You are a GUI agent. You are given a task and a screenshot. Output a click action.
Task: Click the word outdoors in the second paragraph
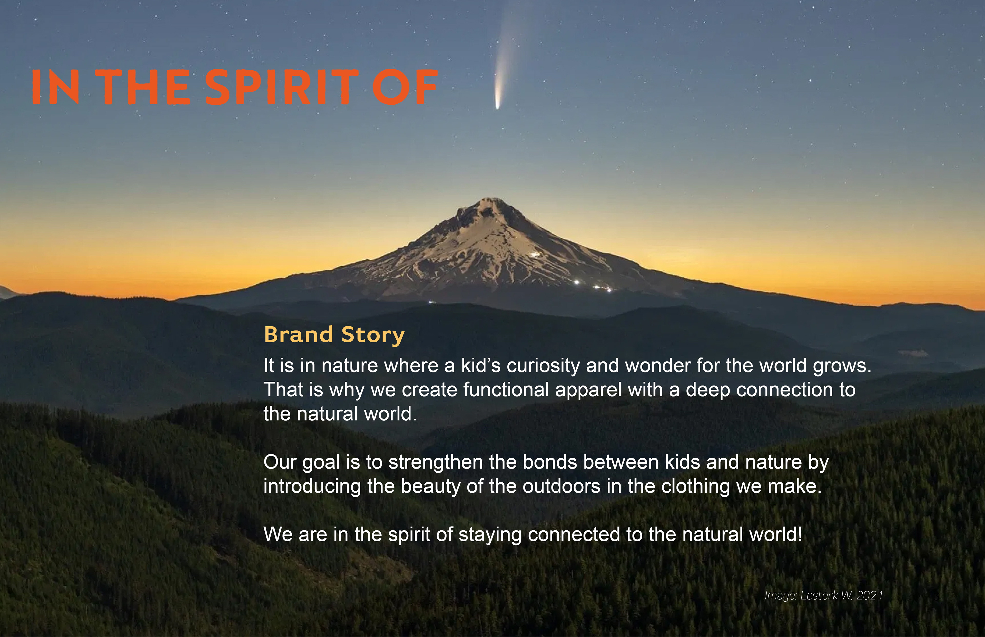click(x=562, y=486)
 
